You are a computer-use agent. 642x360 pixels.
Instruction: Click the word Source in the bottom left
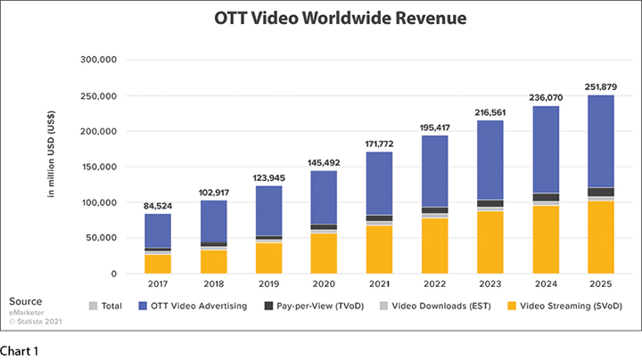(x=27, y=301)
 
